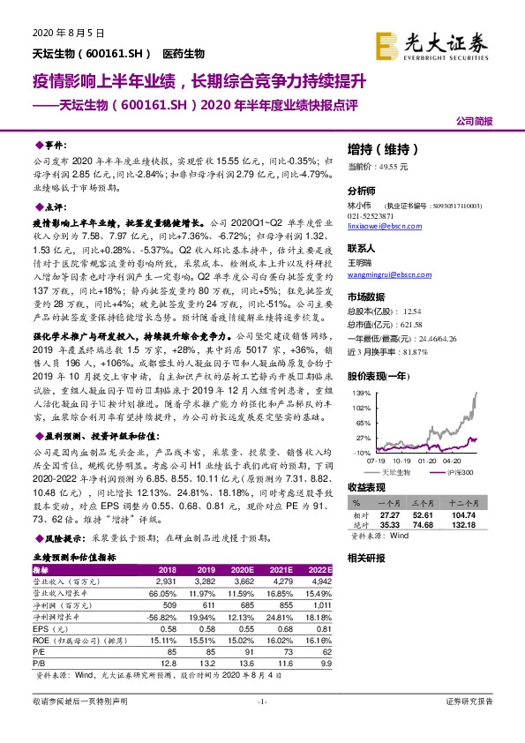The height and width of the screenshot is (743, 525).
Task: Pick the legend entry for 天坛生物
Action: [x=393, y=472]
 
